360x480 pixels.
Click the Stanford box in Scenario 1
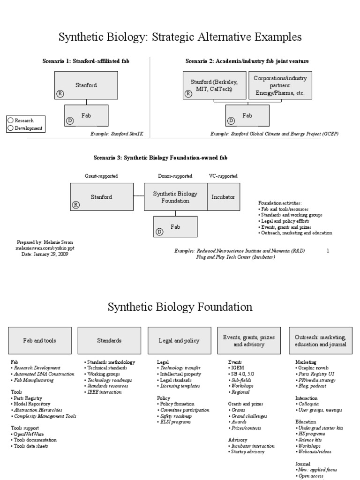86,85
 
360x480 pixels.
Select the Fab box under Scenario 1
86,116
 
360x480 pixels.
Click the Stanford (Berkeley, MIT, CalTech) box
214,85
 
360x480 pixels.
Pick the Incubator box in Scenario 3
223,197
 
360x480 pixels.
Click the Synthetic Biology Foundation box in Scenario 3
176,197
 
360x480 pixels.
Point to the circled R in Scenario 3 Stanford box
76,204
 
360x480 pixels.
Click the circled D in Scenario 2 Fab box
231,121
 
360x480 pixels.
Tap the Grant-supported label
101,176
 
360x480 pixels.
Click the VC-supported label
223,176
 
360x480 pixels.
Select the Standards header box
109,341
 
